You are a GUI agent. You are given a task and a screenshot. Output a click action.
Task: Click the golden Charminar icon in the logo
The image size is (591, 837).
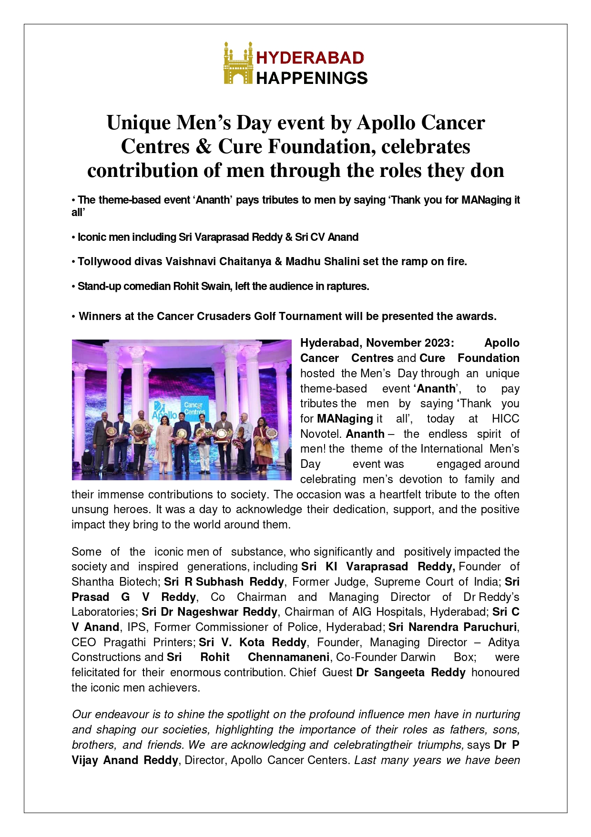pos(238,63)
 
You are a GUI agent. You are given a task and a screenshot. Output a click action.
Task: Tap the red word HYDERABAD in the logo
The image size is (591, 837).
pos(310,58)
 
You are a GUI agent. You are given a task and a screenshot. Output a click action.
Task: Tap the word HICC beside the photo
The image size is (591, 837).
pos(505,419)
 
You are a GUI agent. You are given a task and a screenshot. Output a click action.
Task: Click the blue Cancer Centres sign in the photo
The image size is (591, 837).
pos(194,408)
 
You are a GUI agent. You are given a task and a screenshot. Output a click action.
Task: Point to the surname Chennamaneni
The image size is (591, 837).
pos(289,657)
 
